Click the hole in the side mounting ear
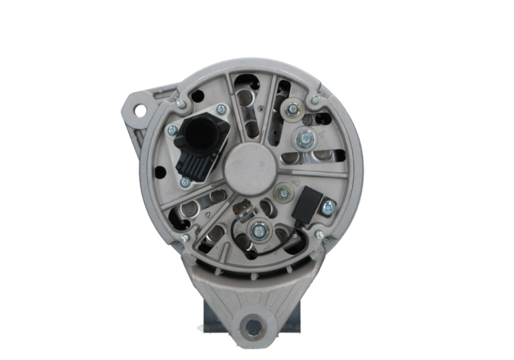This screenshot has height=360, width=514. pos(140,108)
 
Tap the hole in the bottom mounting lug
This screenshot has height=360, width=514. pos(253,327)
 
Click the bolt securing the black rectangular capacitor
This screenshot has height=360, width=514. pos(327,208)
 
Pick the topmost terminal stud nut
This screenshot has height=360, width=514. pos(292,109)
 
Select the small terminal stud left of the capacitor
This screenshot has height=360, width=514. pos(284,194)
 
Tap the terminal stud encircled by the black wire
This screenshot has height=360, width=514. pos(258,232)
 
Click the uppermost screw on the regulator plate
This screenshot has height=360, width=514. pos(222,109)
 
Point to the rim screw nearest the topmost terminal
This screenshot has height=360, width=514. pos(315,100)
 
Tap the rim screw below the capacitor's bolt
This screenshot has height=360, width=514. pos(319,235)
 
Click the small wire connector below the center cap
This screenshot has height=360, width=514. pos(243,208)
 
